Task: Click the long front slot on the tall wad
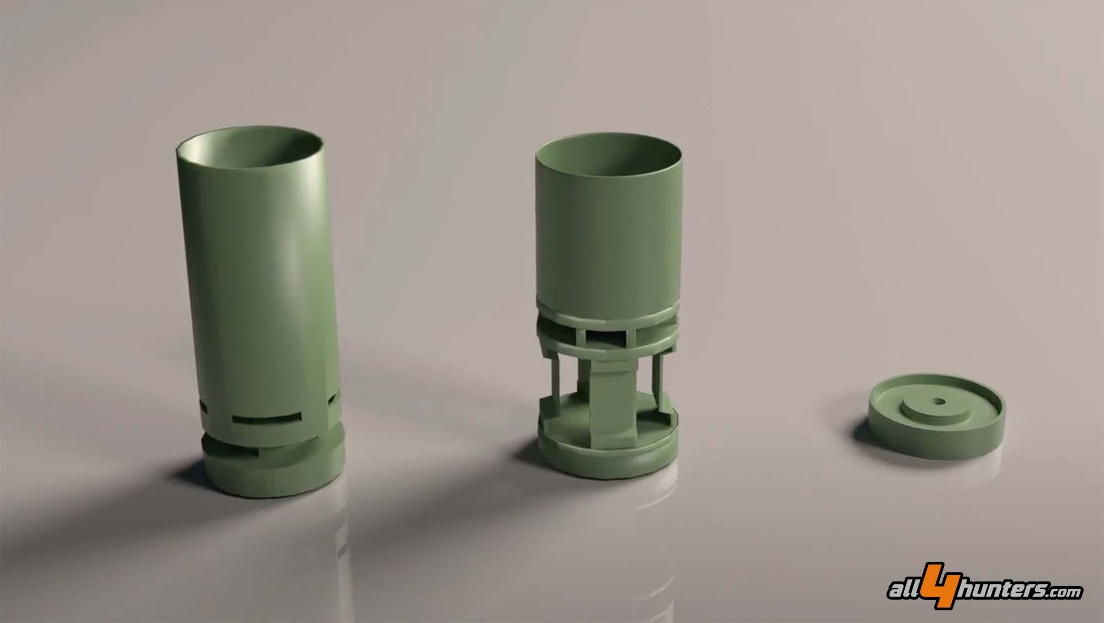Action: pos(267,419)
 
